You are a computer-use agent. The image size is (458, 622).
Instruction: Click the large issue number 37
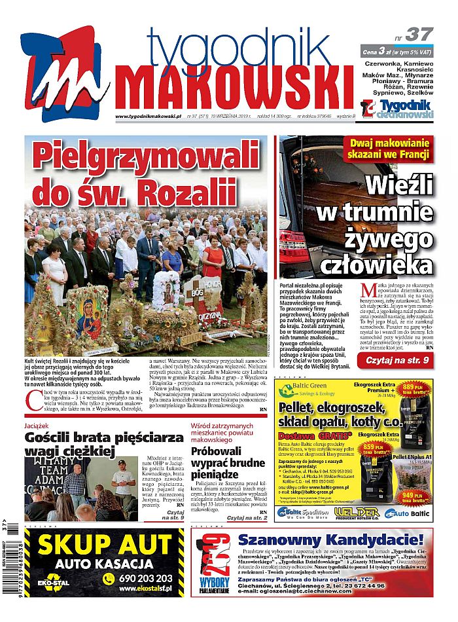point(419,34)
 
